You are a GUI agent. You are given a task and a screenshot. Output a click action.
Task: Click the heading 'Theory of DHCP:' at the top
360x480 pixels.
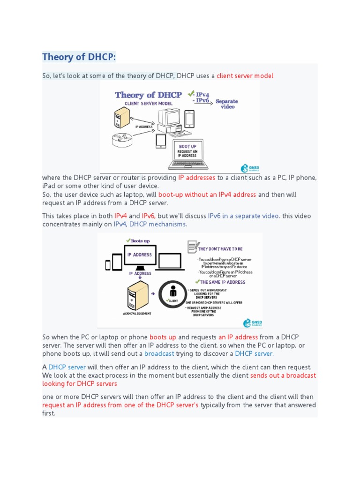point(79,57)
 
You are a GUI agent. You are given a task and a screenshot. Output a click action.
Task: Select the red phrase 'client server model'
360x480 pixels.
point(245,75)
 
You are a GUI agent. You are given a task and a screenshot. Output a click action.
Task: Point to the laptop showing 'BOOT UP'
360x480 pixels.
point(187,153)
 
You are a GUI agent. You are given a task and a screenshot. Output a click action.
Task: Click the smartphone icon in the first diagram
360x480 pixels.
point(189,119)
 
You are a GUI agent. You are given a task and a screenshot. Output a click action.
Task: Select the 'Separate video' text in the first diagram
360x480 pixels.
point(227,104)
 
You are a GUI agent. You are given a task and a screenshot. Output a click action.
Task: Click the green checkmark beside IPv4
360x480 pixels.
point(191,94)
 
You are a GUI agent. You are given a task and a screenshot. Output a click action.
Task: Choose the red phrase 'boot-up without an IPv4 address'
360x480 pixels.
point(207,195)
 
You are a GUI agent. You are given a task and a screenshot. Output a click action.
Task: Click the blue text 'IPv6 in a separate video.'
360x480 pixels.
point(244,216)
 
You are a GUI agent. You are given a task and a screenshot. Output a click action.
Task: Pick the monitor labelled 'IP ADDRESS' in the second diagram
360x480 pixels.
point(140,255)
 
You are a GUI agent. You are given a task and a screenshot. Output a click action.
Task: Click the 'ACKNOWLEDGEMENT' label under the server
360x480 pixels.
point(137,313)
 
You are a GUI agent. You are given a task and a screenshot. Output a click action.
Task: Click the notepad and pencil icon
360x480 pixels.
point(192,247)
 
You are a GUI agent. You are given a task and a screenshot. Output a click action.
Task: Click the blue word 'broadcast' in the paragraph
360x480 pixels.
point(159,353)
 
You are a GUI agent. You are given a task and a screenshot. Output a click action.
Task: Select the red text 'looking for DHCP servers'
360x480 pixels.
point(80,383)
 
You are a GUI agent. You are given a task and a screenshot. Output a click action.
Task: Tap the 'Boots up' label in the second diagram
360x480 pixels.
point(140,240)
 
